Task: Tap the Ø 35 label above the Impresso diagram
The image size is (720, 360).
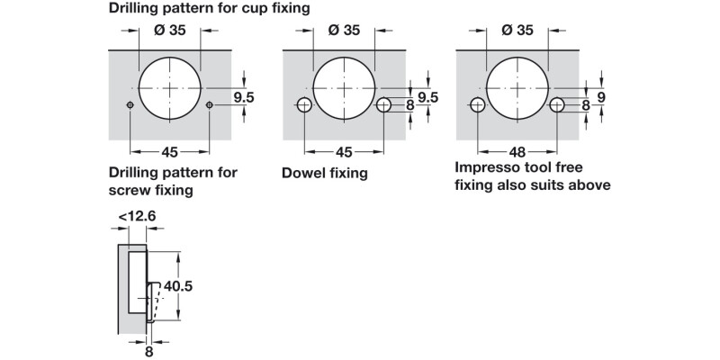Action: tap(518, 31)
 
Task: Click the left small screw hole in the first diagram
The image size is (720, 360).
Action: tap(130, 106)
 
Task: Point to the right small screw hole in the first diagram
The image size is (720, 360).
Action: tap(209, 106)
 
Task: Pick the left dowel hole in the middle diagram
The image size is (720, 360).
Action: tap(304, 105)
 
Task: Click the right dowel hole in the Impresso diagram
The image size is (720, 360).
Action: tap(557, 105)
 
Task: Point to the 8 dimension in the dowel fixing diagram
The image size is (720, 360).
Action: tap(409, 105)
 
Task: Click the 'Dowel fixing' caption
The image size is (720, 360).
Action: tap(325, 173)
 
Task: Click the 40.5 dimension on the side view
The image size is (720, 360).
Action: tap(177, 285)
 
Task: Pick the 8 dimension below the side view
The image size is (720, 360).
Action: tap(150, 352)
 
